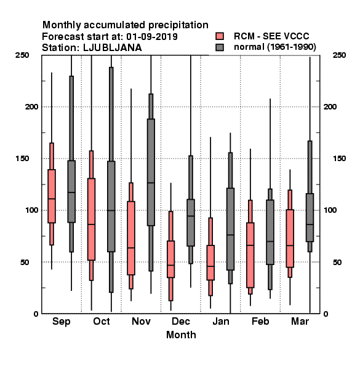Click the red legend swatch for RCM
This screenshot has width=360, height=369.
tap(220, 36)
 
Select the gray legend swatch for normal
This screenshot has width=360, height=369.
tap(220, 47)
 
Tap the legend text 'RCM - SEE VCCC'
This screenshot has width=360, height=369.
tap(271, 36)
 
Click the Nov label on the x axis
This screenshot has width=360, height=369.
tap(141, 321)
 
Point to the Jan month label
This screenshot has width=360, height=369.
tap(221, 321)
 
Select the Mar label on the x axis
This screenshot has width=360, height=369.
tap(300, 321)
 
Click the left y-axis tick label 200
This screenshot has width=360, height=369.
tap(31, 107)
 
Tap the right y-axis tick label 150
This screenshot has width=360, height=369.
tap(339, 159)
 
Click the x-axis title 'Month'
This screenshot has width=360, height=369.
tap(181, 335)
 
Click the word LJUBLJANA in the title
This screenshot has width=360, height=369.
tap(113, 48)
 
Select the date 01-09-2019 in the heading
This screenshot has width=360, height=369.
tap(152, 37)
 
